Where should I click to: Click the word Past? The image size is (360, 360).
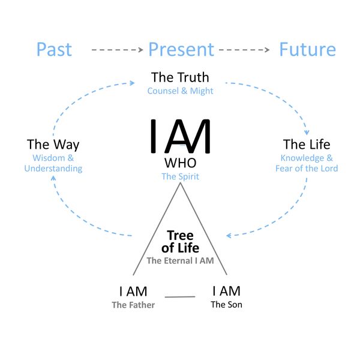pos(54,49)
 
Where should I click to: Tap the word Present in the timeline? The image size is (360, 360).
pos(181,49)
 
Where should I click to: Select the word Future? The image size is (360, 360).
pos(307,49)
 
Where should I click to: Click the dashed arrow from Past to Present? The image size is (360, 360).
pos(118,50)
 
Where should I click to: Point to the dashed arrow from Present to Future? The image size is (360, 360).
pos(244,50)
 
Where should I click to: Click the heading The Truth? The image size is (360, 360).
pos(180,77)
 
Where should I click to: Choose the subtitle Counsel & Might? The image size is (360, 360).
pos(180,91)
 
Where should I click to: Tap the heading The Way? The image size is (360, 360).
pos(53,145)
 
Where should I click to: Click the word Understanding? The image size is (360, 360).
pos(53,168)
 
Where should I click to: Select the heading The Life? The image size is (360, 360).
pos(307,144)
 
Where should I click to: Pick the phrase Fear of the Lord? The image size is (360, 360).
pos(307,168)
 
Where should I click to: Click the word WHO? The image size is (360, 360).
pos(180,163)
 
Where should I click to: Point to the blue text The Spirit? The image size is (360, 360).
pos(180,176)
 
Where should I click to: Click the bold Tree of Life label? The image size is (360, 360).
pos(180,242)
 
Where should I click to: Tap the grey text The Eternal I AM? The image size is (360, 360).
pos(180,260)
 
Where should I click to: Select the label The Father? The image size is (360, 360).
pos(133,305)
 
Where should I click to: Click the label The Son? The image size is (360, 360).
pos(226,305)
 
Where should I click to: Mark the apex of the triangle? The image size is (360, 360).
pos(180,183)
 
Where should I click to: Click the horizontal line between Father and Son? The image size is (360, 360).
pos(180,297)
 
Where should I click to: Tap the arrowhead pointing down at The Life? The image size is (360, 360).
pos(307,133)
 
